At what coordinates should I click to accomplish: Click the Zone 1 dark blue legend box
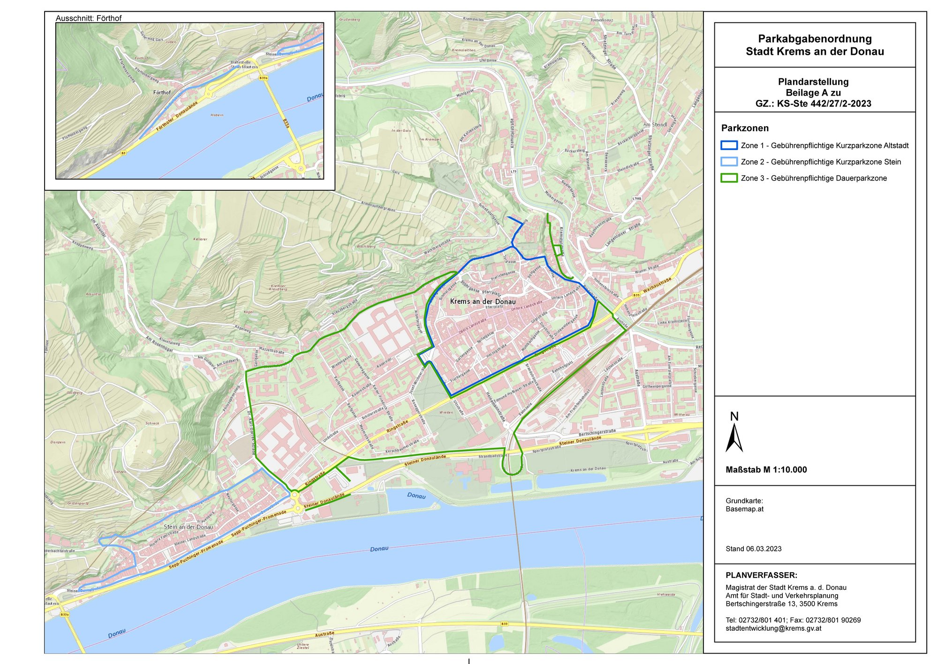coord(729,145)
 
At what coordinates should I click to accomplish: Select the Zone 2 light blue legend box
coord(729,162)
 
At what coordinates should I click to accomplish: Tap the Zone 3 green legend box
coord(729,178)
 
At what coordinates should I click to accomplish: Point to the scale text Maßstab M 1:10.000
coord(766,470)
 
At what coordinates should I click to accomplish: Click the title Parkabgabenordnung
coord(815,39)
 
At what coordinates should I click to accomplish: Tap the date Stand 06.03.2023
coord(753,549)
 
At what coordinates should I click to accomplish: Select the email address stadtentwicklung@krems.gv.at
coord(773,628)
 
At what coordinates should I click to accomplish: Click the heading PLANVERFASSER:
coord(761,575)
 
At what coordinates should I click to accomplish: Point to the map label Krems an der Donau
coord(483,302)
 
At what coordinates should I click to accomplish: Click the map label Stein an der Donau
coord(188,527)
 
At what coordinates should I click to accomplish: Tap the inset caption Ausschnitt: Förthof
coord(88,18)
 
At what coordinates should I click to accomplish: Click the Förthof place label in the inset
coord(162,92)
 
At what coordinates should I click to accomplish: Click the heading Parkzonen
coord(745,128)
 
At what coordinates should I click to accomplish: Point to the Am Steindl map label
coord(655,125)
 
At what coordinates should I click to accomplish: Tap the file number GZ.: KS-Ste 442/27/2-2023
coord(813,104)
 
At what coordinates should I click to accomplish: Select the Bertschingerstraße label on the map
coord(597,432)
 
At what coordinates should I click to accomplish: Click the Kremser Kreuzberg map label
coord(278,287)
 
